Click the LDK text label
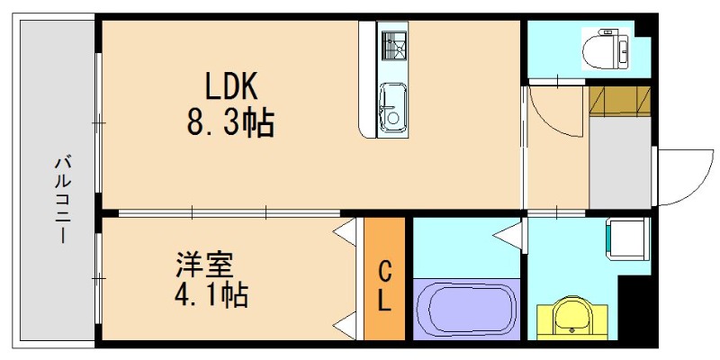coord(231,86)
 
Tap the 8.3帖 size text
coord(230,122)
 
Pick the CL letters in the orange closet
coord(384,286)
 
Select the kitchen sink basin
coord(392,103)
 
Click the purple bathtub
coord(464,309)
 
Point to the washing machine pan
coord(626,238)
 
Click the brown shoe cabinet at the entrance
coord(619,102)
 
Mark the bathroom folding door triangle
coord(509,238)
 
